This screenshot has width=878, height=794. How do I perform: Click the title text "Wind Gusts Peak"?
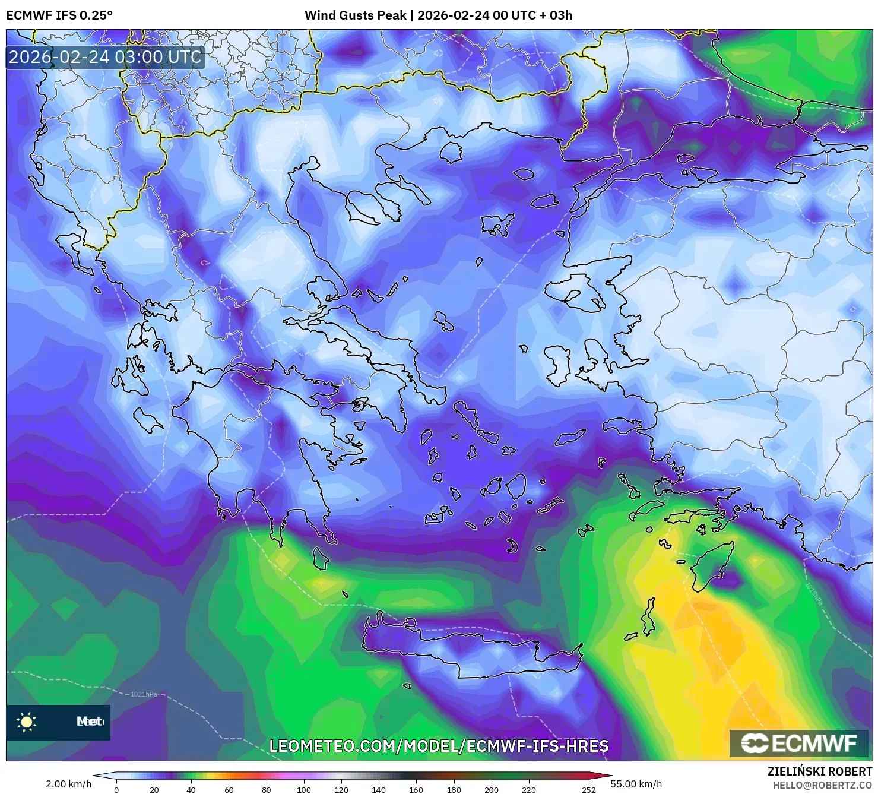(x=355, y=15)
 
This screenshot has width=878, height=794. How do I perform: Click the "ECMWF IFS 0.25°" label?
(x=59, y=15)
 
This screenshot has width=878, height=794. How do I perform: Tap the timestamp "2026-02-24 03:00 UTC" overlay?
(x=105, y=57)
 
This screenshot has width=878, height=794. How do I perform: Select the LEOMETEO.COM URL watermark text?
(x=439, y=746)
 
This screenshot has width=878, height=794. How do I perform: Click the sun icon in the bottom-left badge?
(x=27, y=722)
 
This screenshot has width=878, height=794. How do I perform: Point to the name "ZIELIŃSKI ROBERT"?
(x=819, y=772)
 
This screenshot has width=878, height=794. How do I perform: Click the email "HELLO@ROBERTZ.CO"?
(x=822, y=785)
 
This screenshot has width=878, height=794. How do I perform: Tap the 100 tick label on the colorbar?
(x=304, y=790)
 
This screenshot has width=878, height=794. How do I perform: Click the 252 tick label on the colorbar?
(x=588, y=790)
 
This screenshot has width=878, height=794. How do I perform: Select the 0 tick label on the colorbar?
(x=116, y=790)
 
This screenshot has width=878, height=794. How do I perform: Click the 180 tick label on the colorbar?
(x=454, y=790)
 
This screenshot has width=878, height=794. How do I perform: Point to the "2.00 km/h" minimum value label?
(x=68, y=784)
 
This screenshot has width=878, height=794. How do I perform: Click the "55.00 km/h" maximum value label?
(x=636, y=784)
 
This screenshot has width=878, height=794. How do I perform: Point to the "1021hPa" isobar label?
(x=145, y=694)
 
